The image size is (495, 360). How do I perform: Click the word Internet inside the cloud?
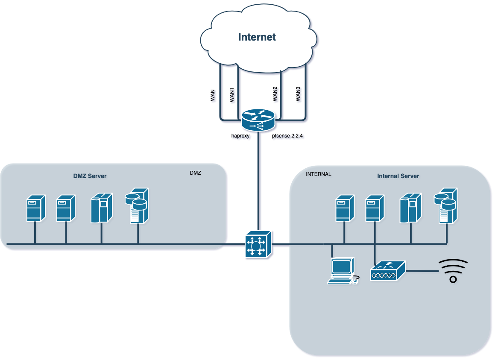[257, 37]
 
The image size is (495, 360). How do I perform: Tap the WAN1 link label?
[232, 95]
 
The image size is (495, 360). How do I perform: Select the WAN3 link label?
[298, 94]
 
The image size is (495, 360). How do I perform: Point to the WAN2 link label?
[275, 94]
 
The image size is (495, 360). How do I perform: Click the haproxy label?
[240, 136]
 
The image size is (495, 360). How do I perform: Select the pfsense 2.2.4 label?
[287, 136]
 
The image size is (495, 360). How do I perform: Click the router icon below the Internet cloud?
[258, 120]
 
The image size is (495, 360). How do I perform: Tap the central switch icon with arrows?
[258, 244]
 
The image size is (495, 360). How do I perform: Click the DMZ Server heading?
[90, 176]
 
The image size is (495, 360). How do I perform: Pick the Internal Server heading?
[398, 176]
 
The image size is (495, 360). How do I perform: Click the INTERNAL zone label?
[319, 174]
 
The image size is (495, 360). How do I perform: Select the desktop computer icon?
[343, 271]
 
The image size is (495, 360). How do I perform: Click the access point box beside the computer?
[388, 271]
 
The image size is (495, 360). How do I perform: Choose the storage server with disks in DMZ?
[137, 206]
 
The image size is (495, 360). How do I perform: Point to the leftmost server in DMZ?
[36, 208]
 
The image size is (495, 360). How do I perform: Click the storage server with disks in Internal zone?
[445, 206]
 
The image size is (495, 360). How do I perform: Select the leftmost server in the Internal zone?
[345, 208]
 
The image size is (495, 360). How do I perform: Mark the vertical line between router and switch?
[258, 181]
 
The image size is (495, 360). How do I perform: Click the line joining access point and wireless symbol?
[422, 271]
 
